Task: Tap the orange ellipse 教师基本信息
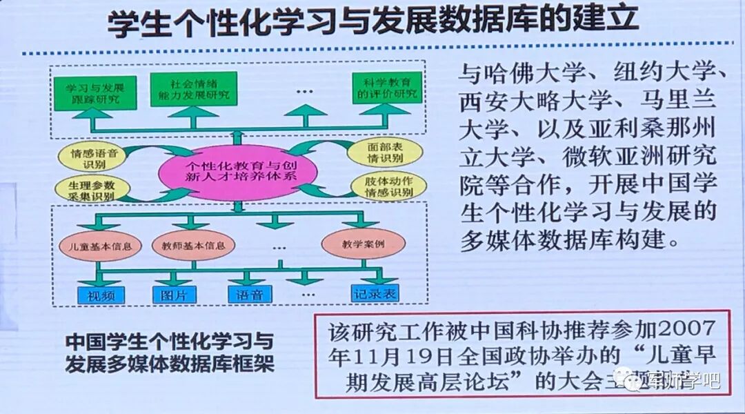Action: (194, 244)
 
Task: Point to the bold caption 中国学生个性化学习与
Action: (170, 341)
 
